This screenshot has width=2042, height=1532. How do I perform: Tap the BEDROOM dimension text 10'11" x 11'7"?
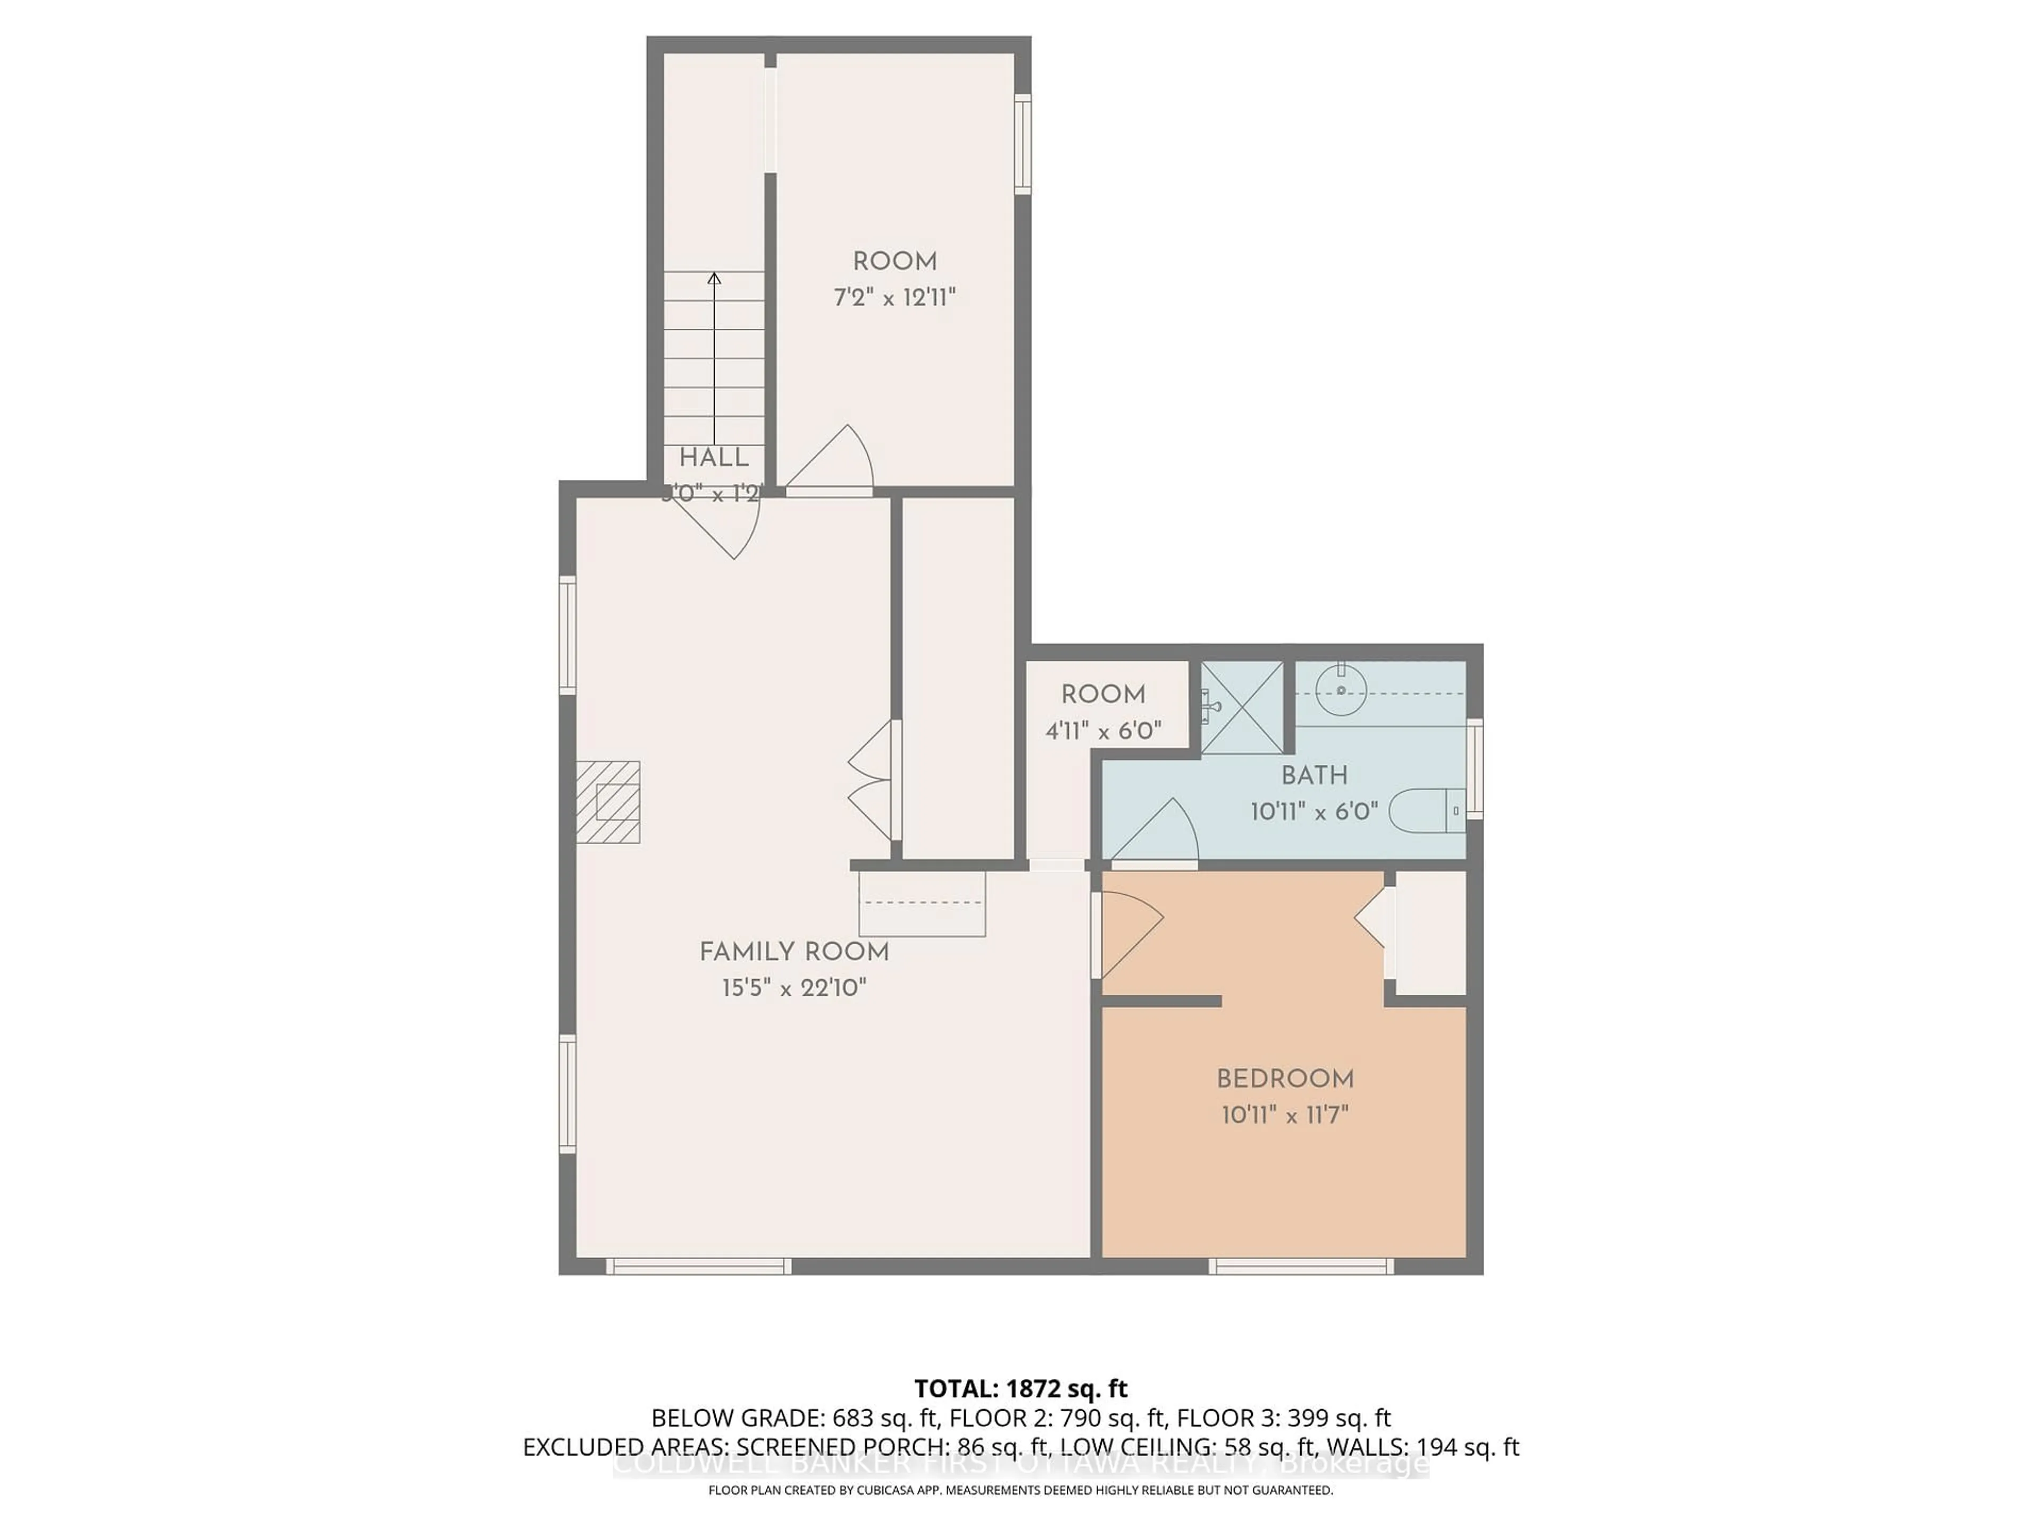coord(1284,1114)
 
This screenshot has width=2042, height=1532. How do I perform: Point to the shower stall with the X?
coord(1242,707)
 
